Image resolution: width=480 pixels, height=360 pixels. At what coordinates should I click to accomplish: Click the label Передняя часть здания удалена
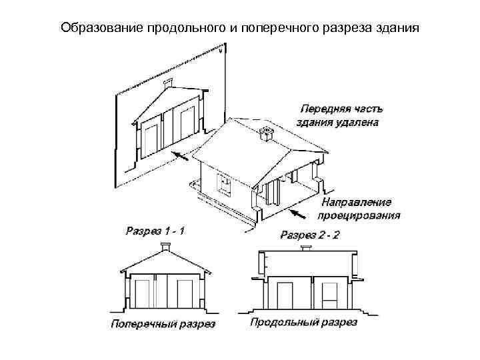(x=339, y=114)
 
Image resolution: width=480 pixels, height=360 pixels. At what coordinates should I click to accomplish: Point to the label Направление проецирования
(x=360, y=208)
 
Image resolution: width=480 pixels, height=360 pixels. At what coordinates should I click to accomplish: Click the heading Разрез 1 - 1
(x=155, y=231)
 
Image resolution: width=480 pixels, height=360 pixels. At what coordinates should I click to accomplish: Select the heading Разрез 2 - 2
(x=310, y=235)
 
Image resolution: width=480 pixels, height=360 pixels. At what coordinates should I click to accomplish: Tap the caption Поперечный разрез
(x=163, y=325)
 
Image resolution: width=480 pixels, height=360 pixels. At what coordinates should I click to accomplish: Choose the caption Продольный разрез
(x=304, y=323)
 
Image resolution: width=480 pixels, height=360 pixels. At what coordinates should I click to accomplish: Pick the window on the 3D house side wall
(x=225, y=183)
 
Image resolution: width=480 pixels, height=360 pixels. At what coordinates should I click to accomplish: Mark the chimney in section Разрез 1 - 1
(x=165, y=247)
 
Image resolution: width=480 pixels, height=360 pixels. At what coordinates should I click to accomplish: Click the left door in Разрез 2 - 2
(x=285, y=294)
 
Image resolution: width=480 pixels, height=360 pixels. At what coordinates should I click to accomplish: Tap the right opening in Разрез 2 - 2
(x=329, y=294)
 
